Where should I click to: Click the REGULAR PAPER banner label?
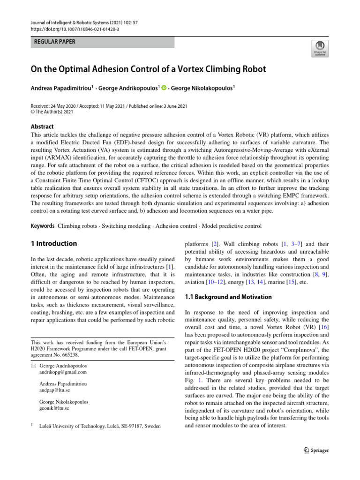[x=55, y=42]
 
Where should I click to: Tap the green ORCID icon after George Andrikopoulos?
[x=164, y=87]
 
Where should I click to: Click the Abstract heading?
[x=42, y=127]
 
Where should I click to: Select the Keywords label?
[x=43, y=226]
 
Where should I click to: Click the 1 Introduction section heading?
[x=54, y=244]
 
